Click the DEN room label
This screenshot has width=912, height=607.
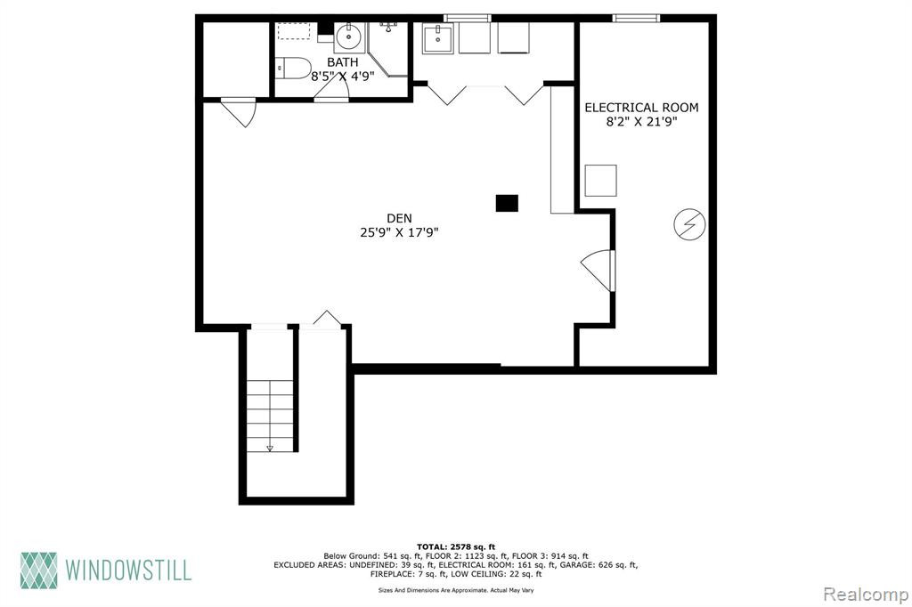[x=399, y=218]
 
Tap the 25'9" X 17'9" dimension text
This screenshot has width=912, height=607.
[x=399, y=232]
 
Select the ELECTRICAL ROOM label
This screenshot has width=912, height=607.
[x=641, y=108]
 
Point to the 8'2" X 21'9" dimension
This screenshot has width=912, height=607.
[x=641, y=122]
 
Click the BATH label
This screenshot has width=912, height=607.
[x=343, y=61]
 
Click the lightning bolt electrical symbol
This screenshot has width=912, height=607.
[x=690, y=224]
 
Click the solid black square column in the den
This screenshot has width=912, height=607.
[x=507, y=203]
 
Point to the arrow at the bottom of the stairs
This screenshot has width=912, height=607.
[x=269, y=448]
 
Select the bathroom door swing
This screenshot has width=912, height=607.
[x=330, y=88]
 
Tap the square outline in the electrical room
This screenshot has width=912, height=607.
[x=600, y=181]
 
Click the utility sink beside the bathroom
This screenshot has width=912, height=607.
[x=437, y=39]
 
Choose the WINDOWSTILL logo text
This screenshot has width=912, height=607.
[x=128, y=570]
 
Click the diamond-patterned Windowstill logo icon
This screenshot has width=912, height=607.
[x=39, y=570]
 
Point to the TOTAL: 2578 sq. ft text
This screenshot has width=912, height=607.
[x=455, y=546]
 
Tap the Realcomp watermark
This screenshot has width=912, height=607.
[x=866, y=595]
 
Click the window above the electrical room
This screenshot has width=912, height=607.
[x=636, y=18]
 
